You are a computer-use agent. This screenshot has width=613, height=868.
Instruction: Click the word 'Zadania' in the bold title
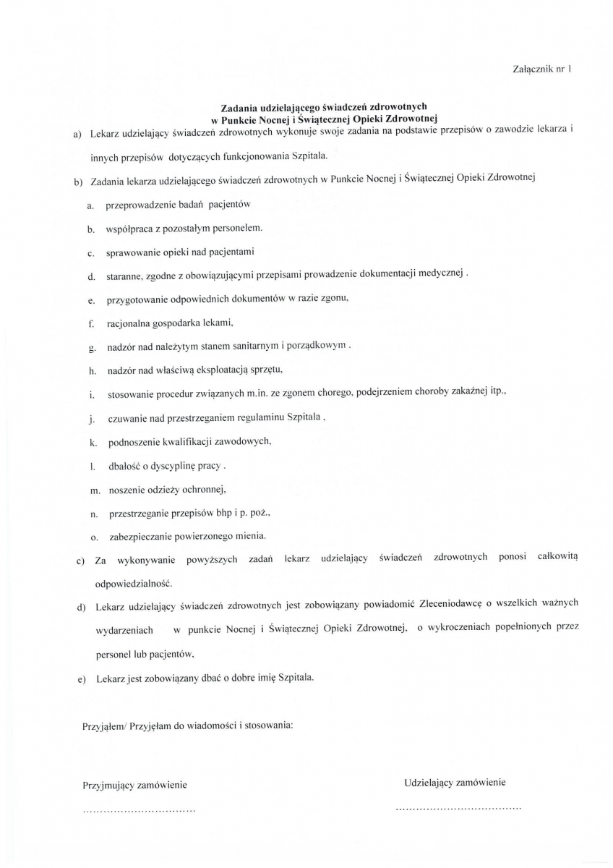[x=241, y=106]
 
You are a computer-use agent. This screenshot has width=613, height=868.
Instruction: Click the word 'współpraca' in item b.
[x=129, y=229]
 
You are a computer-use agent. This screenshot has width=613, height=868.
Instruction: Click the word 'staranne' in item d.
[x=123, y=276]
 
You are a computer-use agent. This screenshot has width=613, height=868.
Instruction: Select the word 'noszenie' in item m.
[x=126, y=490]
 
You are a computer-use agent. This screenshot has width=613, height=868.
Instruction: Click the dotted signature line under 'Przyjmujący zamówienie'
[x=140, y=811]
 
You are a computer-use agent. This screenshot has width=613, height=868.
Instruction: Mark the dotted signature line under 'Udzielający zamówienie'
[x=459, y=807]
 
